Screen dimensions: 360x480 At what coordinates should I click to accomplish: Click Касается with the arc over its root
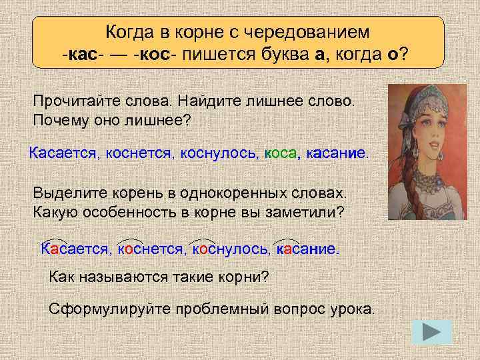tap(73, 249)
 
